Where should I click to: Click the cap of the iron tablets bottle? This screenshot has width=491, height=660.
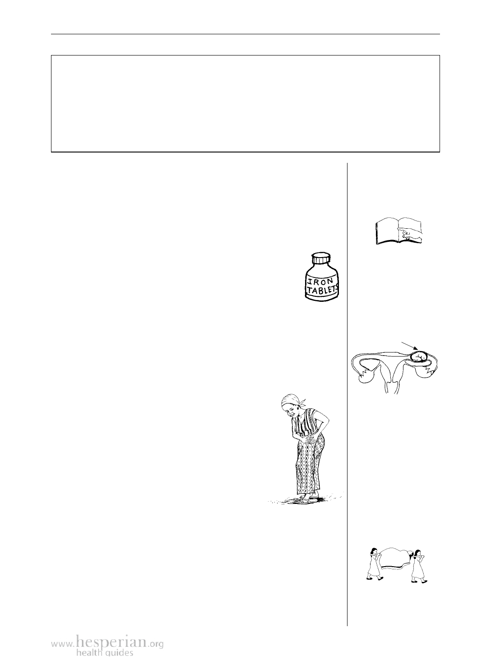click(x=321, y=258)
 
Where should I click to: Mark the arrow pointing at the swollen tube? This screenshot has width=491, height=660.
click(x=409, y=346)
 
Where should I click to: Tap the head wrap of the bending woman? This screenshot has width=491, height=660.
click(x=292, y=401)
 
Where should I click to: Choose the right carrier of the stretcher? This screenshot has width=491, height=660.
click(x=419, y=567)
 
